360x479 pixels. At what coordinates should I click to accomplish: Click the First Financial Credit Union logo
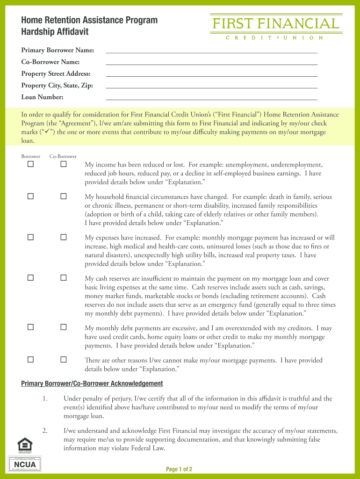[275, 27]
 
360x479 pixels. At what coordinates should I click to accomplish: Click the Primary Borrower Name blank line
[211, 50]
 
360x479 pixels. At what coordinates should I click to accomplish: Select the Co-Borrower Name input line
[211, 62]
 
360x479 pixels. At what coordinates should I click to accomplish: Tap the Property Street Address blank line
[211, 73]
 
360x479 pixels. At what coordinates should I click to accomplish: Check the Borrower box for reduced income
[30, 165]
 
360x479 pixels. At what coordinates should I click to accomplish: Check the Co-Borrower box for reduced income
[64, 165]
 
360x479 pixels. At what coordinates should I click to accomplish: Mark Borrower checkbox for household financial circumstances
[30, 196]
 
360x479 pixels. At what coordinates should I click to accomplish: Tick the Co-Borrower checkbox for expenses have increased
[64, 237]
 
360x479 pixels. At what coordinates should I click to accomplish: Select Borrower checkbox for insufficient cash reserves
[30, 278]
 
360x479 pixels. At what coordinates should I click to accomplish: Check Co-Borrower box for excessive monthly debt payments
[64, 327]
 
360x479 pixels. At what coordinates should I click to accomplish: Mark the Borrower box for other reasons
[30, 360]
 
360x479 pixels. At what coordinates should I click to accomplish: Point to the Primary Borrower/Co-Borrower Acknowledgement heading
[92, 384]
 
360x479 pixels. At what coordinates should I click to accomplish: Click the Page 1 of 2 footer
[180, 469]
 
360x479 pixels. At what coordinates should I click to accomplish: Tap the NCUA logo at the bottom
[25, 464]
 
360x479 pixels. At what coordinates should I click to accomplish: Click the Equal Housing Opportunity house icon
[24, 445]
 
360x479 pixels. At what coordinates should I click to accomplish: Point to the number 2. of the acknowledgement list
[45, 431]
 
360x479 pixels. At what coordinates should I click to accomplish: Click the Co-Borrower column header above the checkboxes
[63, 156]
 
